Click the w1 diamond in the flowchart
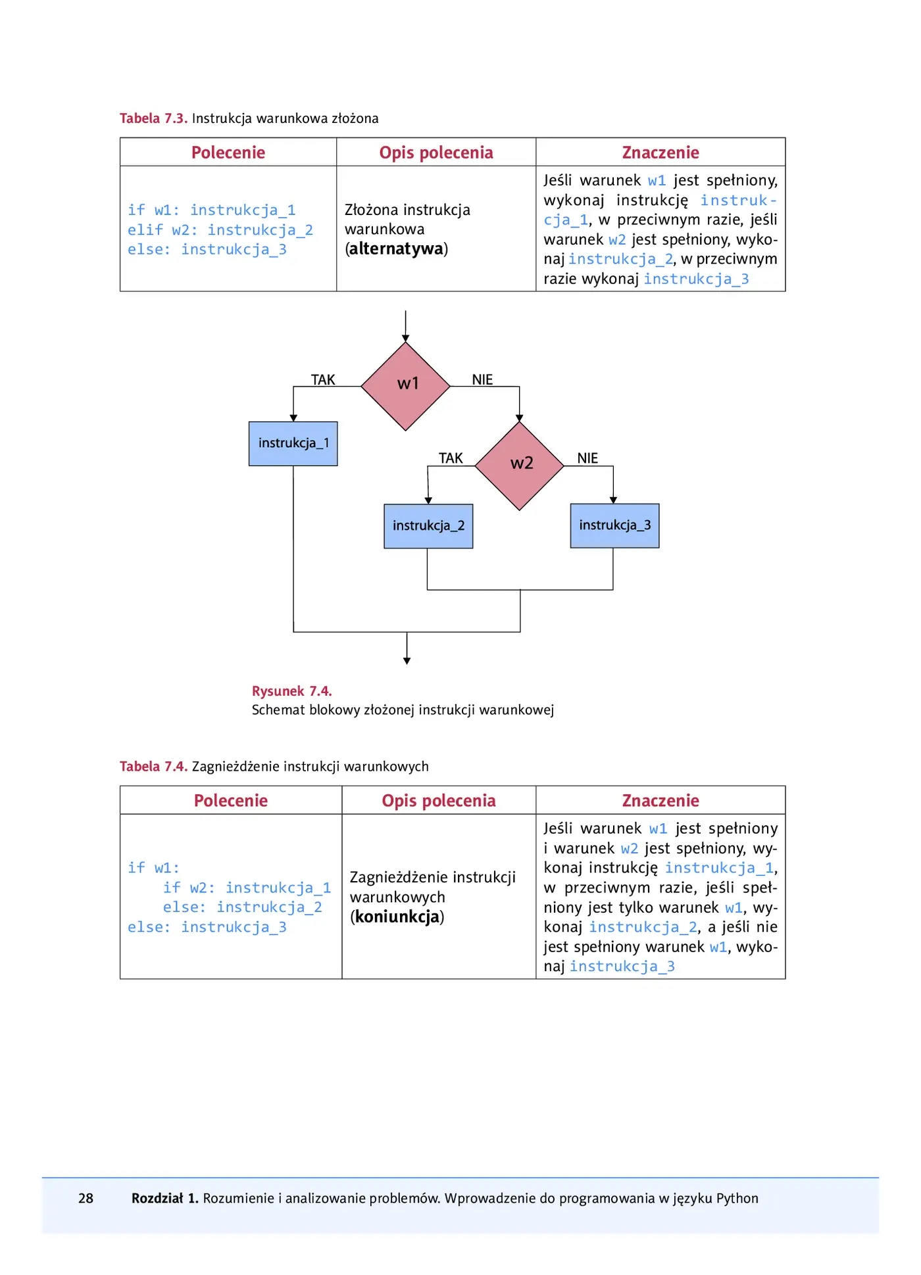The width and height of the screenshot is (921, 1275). pyautogui.click(x=406, y=387)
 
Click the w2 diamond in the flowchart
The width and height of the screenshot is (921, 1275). pyautogui.click(x=520, y=466)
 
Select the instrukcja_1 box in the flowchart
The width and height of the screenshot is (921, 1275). pyautogui.click(x=293, y=444)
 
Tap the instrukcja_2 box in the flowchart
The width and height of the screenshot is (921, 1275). pyautogui.click(x=428, y=526)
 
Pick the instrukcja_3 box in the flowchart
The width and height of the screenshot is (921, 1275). pyautogui.click(x=615, y=525)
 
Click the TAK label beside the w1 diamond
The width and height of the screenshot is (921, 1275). pyautogui.click(x=323, y=380)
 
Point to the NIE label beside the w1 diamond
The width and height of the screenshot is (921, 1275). pyautogui.click(x=482, y=380)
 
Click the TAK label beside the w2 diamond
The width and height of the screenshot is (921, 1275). pyautogui.click(x=451, y=458)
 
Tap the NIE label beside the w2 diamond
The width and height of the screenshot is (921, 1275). pyautogui.click(x=587, y=458)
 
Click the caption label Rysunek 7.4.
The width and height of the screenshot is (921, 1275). pyautogui.click(x=291, y=691)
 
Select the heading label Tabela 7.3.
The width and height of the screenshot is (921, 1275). pyautogui.click(x=153, y=118)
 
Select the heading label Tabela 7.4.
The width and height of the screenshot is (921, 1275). pyautogui.click(x=153, y=767)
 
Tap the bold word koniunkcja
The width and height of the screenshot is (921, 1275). pyautogui.click(x=397, y=917)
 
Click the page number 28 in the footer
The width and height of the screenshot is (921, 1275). pyautogui.click(x=86, y=1199)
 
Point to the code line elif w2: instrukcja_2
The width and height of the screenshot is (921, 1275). pyautogui.click(x=220, y=230)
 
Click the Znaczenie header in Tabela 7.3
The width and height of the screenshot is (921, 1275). pyautogui.click(x=660, y=153)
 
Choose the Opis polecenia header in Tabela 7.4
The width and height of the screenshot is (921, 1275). pyautogui.click(x=439, y=801)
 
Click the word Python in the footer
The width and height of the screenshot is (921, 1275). pyautogui.click(x=737, y=1199)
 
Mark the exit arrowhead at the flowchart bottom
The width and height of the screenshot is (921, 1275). pyautogui.click(x=407, y=661)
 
